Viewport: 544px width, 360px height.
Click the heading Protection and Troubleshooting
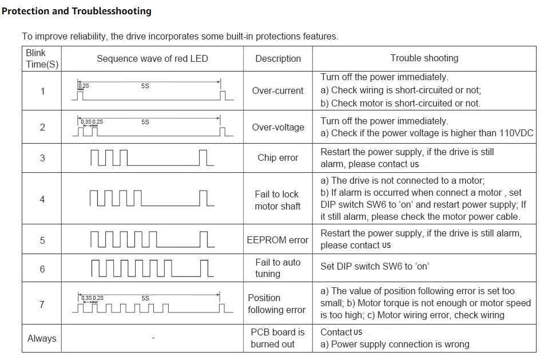pos(77,11)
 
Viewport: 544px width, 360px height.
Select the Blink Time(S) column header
pos(42,58)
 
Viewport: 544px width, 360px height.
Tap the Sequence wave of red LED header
pos(152,58)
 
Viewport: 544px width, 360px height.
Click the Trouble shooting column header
pos(424,58)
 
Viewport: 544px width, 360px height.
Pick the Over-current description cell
pos(277,90)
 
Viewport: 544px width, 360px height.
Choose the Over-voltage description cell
pos(278,127)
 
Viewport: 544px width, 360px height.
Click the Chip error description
pos(278,157)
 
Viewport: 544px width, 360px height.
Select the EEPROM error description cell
pos(277,240)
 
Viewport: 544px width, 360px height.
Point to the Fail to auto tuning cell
pos(277,268)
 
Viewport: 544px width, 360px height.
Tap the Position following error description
pos(277,304)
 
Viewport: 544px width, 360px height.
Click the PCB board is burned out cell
pos(277,338)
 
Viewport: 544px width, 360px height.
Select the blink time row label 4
pos(42,199)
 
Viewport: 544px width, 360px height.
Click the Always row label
pos(42,338)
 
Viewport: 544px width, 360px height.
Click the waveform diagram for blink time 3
pos(152,157)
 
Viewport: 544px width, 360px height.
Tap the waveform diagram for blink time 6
pos(152,268)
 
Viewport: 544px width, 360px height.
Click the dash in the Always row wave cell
pos(153,338)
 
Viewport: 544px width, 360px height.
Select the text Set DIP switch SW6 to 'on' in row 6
pos(375,266)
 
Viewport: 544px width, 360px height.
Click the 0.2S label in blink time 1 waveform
pos(84,86)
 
